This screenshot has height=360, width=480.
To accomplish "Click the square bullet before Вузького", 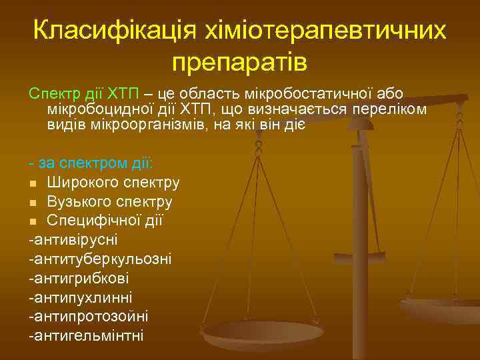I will coord(33,201).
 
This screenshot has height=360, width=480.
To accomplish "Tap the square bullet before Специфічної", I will coord(33,220).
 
